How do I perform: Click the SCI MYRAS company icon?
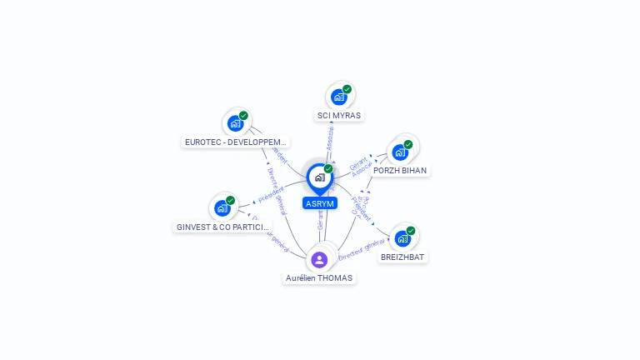(x=339, y=97)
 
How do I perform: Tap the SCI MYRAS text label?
(x=339, y=115)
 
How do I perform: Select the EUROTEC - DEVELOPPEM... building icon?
(x=236, y=123)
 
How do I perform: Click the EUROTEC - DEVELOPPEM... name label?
(x=236, y=142)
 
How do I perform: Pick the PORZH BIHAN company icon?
(x=400, y=152)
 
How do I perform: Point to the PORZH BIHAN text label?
(x=400, y=170)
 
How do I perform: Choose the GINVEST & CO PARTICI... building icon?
(x=222, y=207)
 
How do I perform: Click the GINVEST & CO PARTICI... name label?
(x=223, y=227)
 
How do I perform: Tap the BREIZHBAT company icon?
(x=403, y=238)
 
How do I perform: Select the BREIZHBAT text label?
(x=403, y=257)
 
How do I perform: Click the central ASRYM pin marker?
(x=319, y=177)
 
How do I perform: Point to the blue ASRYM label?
(x=320, y=203)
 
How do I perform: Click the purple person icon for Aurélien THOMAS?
(x=319, y=259)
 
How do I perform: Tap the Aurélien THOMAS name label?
(x=319, y=277)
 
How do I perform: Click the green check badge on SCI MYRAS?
(x=347, y=89)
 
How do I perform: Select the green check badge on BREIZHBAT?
(x=411, y=231)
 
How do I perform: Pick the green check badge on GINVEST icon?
(x=230, y=200)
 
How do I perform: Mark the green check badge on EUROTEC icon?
(x=243, y=116)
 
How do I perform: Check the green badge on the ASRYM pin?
(x=328, y=169)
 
